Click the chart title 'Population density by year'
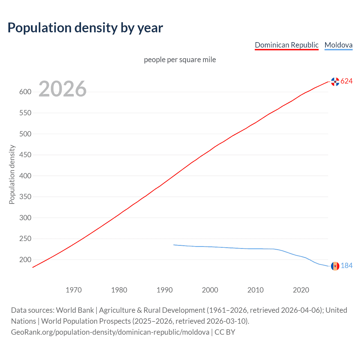(85, 28)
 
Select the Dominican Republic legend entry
(286, 45)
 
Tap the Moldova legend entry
(338, 45)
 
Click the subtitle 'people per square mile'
(180, 60)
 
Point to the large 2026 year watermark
(62, 89)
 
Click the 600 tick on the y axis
(25, 92)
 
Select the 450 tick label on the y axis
(25, 155)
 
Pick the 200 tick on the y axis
(25, 260)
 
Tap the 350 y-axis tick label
(25, 197)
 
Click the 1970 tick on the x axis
(74, 290)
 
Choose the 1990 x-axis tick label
(165, 290)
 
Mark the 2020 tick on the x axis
(301, 290)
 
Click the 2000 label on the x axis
(210, 290)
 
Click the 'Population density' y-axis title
(12, 174)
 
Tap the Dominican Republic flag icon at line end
(335, 82)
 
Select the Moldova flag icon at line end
(335, 266)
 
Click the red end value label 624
(346, 81)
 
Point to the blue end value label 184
(346, 266)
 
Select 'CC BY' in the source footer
(225, 332)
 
